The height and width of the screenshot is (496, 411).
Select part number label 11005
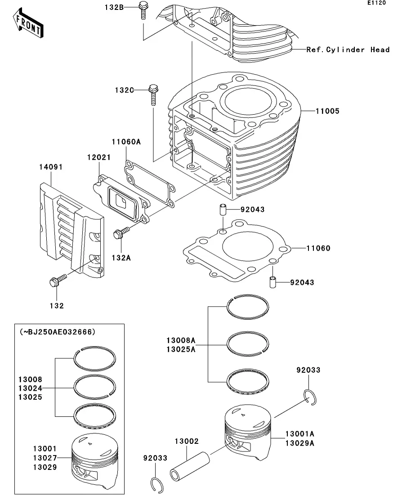tap(327, 111)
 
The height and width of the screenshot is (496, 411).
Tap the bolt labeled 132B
tap(143, 10)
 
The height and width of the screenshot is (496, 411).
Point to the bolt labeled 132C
tap(153, 94)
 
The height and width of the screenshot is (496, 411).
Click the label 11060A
tap(126, 142)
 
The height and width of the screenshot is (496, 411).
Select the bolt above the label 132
tap(56, 282)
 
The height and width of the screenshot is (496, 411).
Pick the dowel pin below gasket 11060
tap(273, 283)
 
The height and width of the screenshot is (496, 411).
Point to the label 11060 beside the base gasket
tap(318, 248)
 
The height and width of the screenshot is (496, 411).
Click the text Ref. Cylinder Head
tap(348, 49)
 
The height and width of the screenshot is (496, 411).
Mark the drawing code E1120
tap(376, 3)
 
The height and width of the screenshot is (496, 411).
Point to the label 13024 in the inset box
tap(31, 388)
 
